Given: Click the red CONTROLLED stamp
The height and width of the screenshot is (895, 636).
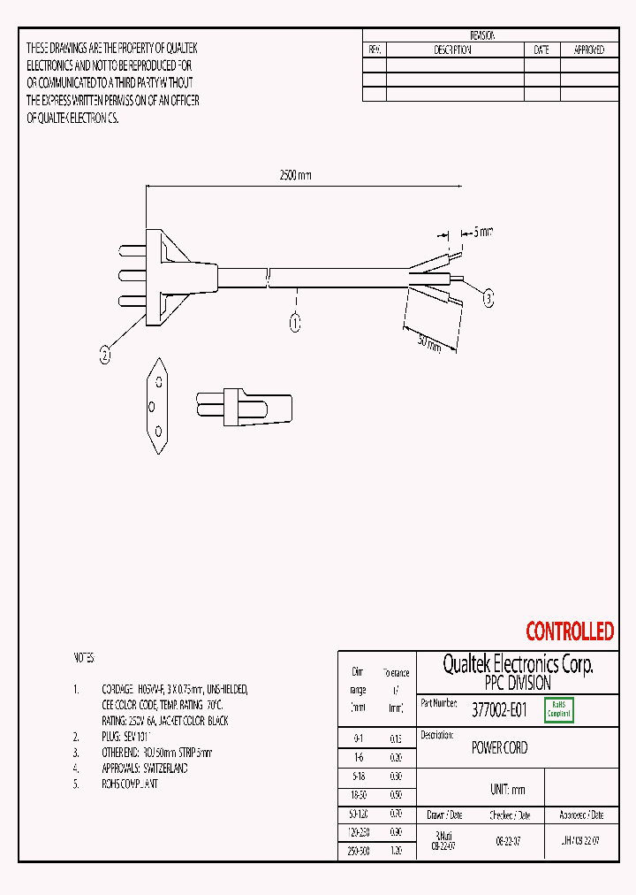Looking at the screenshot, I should coord(569,631).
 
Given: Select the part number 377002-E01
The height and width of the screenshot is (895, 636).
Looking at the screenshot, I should coord(499,709).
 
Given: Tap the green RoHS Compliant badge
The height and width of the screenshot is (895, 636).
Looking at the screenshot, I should coord(559,709).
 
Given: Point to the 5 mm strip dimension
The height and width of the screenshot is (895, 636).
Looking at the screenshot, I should coord(482,232).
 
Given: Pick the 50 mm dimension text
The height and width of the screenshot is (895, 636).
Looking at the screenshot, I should coord(428,341).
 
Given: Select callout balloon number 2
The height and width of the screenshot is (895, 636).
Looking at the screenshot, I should coord(105,356).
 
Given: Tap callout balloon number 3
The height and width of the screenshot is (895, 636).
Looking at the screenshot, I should coord(488,299).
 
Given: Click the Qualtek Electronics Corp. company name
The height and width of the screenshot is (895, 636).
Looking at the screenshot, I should coord(517,664).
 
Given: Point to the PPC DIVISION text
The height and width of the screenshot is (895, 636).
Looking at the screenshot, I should coord(517,683).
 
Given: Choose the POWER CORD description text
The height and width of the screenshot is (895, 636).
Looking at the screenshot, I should coord(499,748).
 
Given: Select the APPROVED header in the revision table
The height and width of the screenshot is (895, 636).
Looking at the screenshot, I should coord(589,50).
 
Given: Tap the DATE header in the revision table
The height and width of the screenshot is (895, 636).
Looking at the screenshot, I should coord(541,50).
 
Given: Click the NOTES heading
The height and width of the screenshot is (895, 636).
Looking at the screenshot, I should coord(83,659).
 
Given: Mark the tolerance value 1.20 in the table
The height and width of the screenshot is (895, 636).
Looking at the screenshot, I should coord(396,850).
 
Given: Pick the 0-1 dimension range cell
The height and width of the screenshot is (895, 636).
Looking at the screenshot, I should coord(358,738).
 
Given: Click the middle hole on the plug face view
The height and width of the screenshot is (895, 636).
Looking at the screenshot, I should coord(152,408).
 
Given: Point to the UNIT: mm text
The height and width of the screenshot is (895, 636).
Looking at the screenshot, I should coord(507,789).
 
